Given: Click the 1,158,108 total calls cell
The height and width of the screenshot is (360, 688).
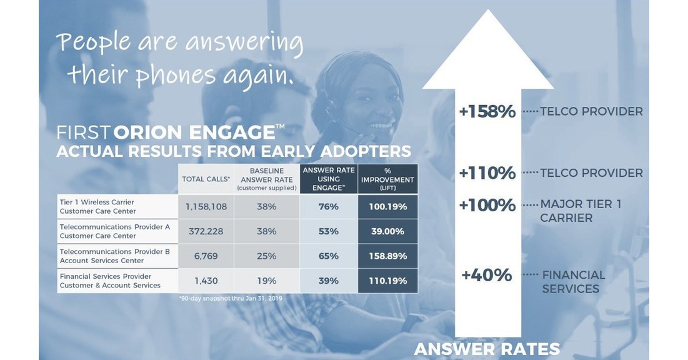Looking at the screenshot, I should pyautogui.click(x=206, y=206).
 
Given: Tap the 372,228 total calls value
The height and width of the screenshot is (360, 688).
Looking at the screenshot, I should pyautogui.click(x=206, y=231).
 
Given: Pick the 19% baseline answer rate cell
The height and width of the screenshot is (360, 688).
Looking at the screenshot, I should pyautogui.click(x=266, y=281).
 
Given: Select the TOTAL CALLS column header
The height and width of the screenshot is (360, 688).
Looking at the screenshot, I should pyautogui.click(x=206, y=179).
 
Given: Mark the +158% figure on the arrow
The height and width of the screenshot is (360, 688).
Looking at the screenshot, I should pyautogui.click(x=487, y=112).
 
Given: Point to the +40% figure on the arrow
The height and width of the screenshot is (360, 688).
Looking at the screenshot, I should pyautogui.click(x=487, y=275).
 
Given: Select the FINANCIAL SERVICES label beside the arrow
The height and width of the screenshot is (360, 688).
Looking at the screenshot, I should pyautogui.click(x=573, y=282).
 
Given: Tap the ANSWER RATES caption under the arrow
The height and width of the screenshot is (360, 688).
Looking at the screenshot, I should pyautogui.click(x=487, y=349).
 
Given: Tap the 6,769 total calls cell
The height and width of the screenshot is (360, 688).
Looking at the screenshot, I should pyautogui.click(x=206, y=256).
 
